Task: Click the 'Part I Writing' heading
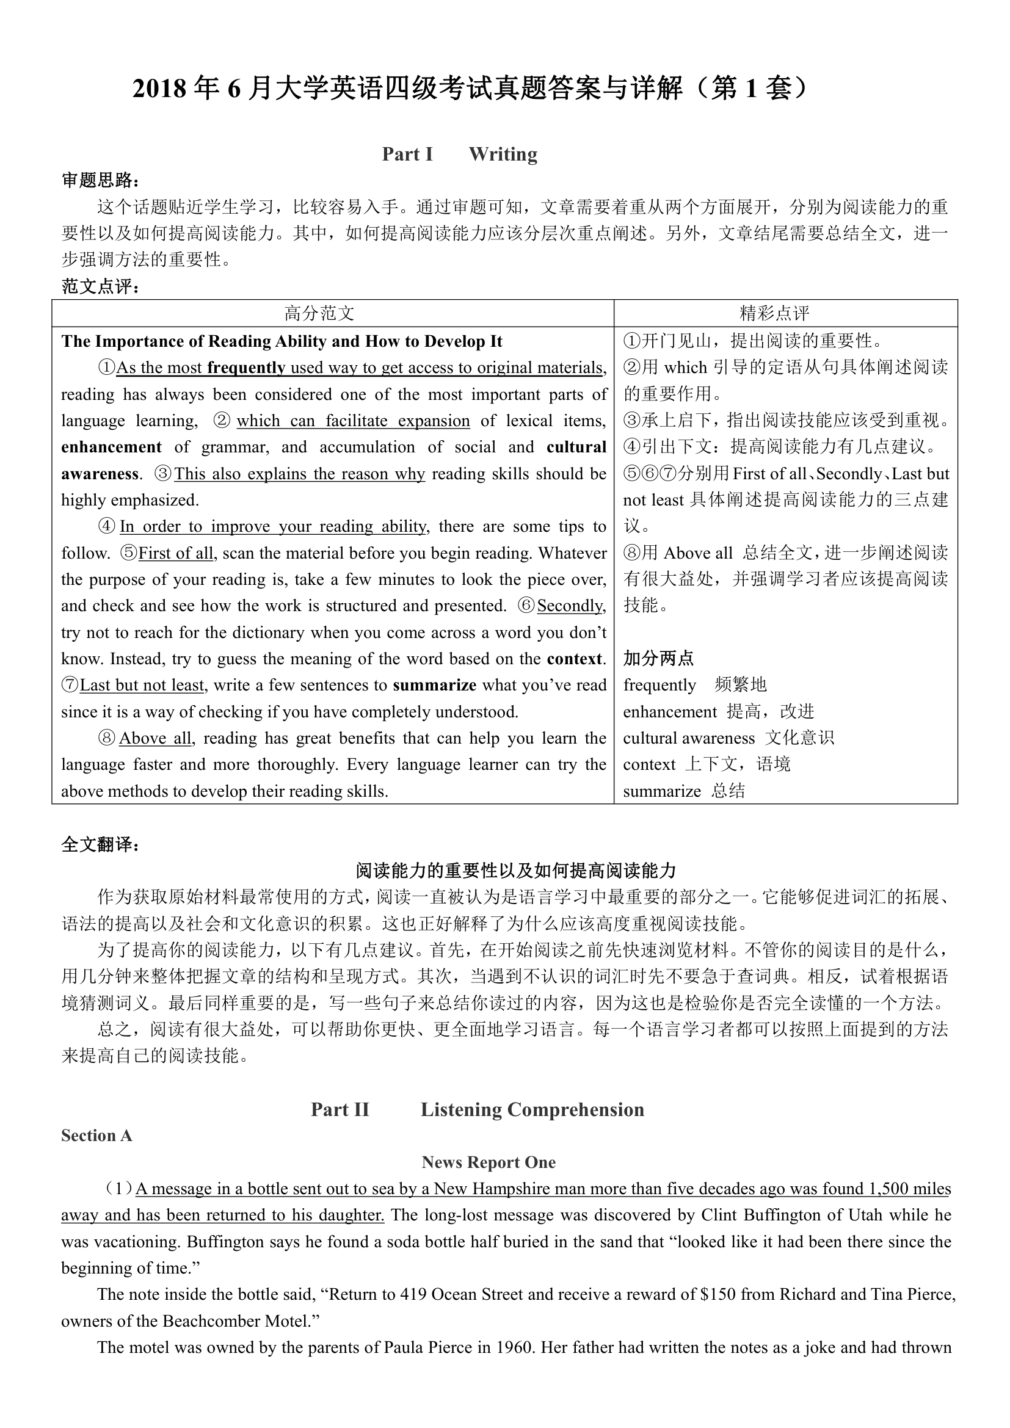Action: tap(459, 154)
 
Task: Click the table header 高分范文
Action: tap(319, 313)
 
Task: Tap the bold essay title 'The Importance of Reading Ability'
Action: tap(282, 341)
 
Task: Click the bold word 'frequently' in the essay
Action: tap(246, 368)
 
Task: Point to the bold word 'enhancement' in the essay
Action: tap(111, 447)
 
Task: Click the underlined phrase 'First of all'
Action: tap(176, 553)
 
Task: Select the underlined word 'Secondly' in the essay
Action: tap(570, 606)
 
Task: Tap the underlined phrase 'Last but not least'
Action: tap(142, 686)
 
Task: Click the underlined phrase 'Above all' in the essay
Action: tap(155, 738)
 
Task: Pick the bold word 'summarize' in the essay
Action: tap(435, 686)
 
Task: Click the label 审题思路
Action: tap(100, 180)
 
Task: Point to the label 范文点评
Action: tap(100, 287)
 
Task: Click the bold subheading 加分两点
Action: tap(658, 659)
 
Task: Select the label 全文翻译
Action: tap(100, 844)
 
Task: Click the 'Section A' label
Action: tap(96, 1136)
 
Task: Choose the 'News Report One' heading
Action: tap(489, 1162)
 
